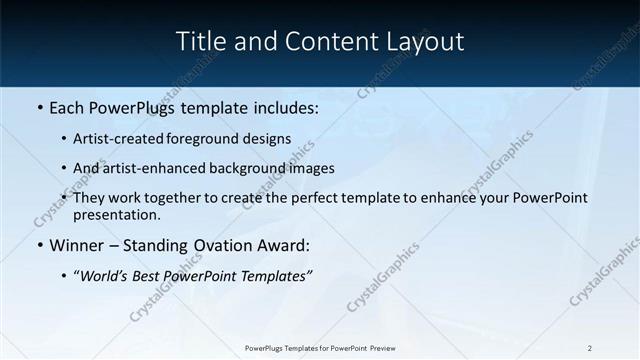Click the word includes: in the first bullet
282,108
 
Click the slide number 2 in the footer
590,348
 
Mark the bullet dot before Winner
40,246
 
